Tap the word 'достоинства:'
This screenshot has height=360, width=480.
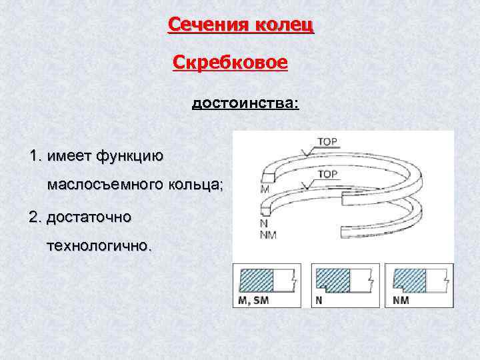coord(246,104)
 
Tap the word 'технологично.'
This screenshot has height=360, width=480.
coord(99,245)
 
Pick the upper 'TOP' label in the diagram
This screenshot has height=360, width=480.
coord(328,142)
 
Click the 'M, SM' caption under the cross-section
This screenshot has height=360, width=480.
coord(253,300)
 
